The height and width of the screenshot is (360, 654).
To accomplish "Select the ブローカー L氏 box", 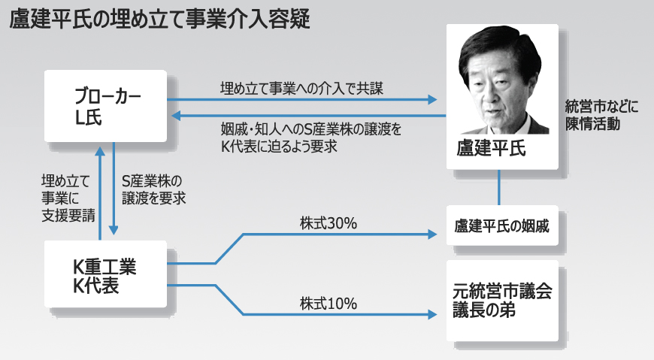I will (105, 106).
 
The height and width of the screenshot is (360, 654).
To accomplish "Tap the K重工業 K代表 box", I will (105, 274).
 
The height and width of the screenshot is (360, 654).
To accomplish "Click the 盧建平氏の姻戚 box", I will (502, 225).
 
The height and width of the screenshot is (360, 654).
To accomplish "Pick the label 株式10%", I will (328, 304).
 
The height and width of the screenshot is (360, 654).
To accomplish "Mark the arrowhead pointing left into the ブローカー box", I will (174, 116).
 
